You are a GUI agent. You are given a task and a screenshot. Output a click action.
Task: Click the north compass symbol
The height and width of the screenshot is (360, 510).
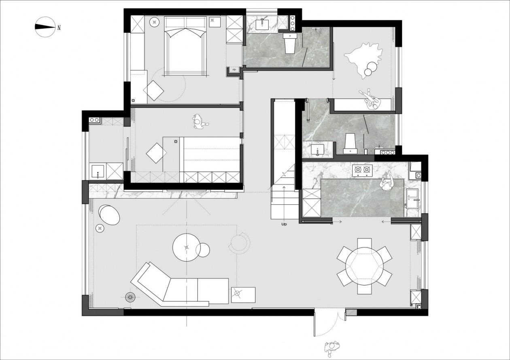pos(45,27)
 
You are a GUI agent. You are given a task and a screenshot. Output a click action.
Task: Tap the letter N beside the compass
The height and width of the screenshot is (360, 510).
pos(59,28)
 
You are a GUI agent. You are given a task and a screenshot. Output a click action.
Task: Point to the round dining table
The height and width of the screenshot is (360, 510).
pos(364,266)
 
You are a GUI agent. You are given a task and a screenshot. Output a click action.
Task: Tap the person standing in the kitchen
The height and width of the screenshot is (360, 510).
pos(387,182)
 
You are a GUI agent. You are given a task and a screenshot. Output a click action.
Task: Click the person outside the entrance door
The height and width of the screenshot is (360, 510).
pos(332,347)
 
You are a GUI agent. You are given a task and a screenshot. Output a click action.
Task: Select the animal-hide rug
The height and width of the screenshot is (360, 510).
pos(363,59)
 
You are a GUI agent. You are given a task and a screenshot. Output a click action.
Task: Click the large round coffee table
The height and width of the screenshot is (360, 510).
pos(186,248)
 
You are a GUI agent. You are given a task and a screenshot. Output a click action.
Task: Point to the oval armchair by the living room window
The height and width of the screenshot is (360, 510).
pos(109,214)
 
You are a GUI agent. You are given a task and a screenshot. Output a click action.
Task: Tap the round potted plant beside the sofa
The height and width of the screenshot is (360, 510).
pos(131,298)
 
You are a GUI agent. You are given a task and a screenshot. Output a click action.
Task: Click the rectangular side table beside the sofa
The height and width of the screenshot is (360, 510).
pos(243,295)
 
